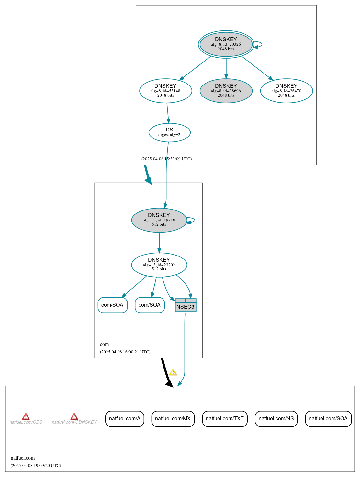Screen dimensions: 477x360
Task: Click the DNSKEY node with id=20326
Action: point(226,44)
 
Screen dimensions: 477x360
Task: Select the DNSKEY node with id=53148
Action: point(165,91)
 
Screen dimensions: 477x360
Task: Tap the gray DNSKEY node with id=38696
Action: point(226,91)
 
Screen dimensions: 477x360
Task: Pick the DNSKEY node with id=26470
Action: point(286,91)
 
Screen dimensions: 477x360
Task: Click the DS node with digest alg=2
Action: point(169,132)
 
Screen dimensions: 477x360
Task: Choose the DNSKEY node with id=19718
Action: point(159,220)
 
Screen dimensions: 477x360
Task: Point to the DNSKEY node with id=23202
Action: point(159,265)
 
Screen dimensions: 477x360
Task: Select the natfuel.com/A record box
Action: point(125,419)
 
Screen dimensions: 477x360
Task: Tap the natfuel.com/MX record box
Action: point(173,419)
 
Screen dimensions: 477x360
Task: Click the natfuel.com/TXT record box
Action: point(225,419)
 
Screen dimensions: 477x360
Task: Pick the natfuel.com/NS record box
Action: point(276,419)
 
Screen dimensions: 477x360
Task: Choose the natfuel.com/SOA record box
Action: point(328,419)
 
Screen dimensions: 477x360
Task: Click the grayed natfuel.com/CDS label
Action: point(26,422)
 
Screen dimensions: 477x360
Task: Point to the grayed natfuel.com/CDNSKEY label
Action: point(74,422)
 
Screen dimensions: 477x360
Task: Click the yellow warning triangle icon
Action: point(173,372)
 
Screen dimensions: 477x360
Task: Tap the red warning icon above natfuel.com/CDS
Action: point(26,416)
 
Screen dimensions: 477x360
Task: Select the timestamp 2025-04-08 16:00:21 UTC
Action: point(125,352)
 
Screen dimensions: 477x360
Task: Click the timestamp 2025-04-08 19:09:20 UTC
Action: point(36,465)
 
